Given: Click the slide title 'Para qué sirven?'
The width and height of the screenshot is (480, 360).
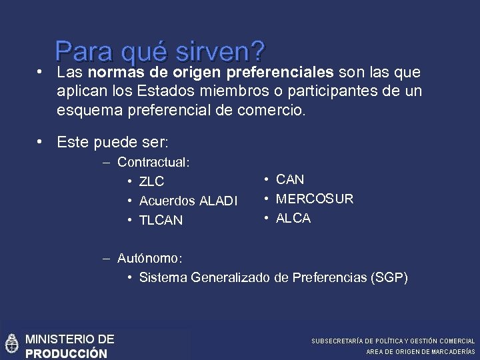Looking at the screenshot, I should pos(160,51).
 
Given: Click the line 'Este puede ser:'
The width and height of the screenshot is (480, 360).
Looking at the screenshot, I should pos(113,141).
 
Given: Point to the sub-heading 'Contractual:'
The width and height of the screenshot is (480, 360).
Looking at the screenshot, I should pos(153,162).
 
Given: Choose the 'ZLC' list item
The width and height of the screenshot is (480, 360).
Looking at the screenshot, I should pos(151,181).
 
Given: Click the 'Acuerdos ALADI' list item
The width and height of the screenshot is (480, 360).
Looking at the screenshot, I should pos(188,201).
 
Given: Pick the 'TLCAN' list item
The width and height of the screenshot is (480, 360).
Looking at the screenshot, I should pos(161,220).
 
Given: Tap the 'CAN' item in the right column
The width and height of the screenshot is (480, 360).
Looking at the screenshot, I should pos(289,179).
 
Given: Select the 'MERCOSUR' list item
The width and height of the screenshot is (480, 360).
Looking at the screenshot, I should pos(315,199).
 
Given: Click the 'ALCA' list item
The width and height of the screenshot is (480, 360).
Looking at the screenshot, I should pos(293,218).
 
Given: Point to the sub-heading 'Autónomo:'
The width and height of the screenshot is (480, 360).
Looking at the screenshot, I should pos(149,257).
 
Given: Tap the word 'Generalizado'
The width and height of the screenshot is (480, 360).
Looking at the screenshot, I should pos(230,277).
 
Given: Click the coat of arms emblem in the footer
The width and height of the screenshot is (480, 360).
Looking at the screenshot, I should pos(11,343).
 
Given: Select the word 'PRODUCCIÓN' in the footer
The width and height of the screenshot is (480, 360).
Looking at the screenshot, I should pos(66,353).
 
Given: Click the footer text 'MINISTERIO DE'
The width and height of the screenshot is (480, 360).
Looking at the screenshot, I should pos(69,339).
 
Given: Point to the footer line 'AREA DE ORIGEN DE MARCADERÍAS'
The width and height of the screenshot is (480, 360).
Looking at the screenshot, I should pos(421,351).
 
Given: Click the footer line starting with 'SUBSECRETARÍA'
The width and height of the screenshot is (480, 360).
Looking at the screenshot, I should pos(393,341).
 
